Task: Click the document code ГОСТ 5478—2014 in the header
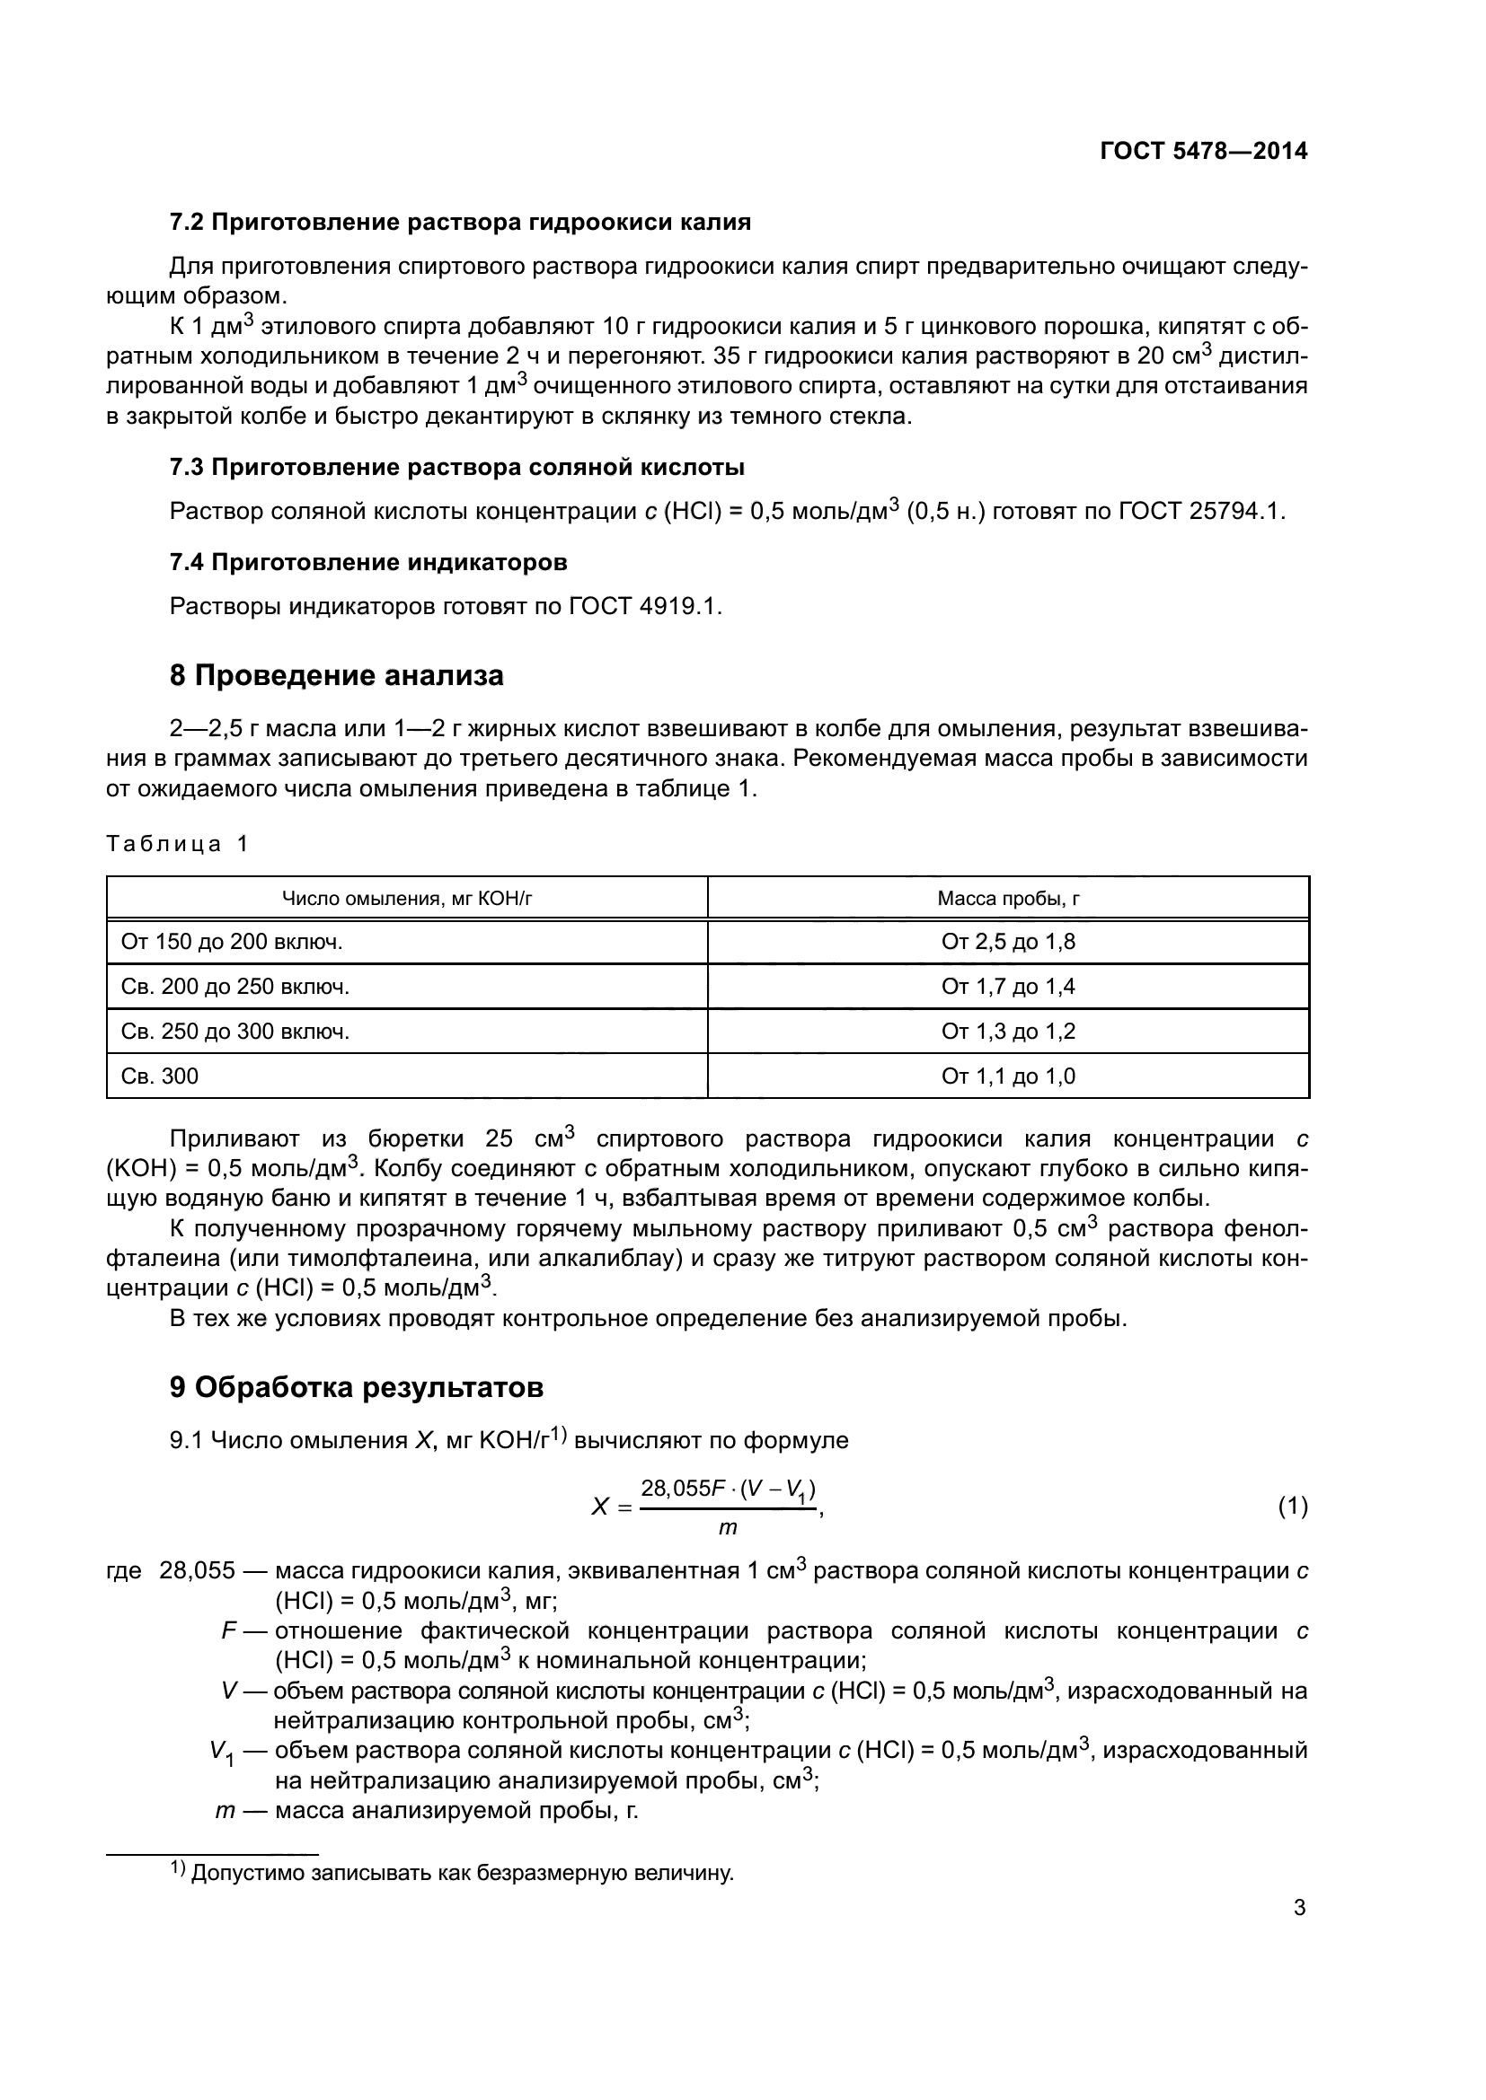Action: click(x=1203, y=151)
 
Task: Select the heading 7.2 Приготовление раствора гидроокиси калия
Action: click(x=460, y=223)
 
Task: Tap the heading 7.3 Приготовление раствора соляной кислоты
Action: click(x=456, y=468)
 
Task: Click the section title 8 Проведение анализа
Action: click(x=336, y=676)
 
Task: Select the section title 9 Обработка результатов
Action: click(x=356, y=1387)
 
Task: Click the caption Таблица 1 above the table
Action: click(x=177, y=843)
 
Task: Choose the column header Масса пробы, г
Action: click(x=1007, y=898)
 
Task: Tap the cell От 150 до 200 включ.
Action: click(x=232, y=942)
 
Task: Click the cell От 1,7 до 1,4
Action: click(x=1007, y=987)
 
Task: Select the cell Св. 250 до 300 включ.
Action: click(x=235, y=1032)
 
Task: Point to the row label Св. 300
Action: click(x=159, y=1076)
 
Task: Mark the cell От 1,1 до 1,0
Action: click(x=1007, y=1076)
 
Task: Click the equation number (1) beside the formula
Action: click(x=1292, y=1506)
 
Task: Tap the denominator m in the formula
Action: click(x=728, y=1527)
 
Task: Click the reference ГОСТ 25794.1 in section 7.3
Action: click(x=1200, y=511)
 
